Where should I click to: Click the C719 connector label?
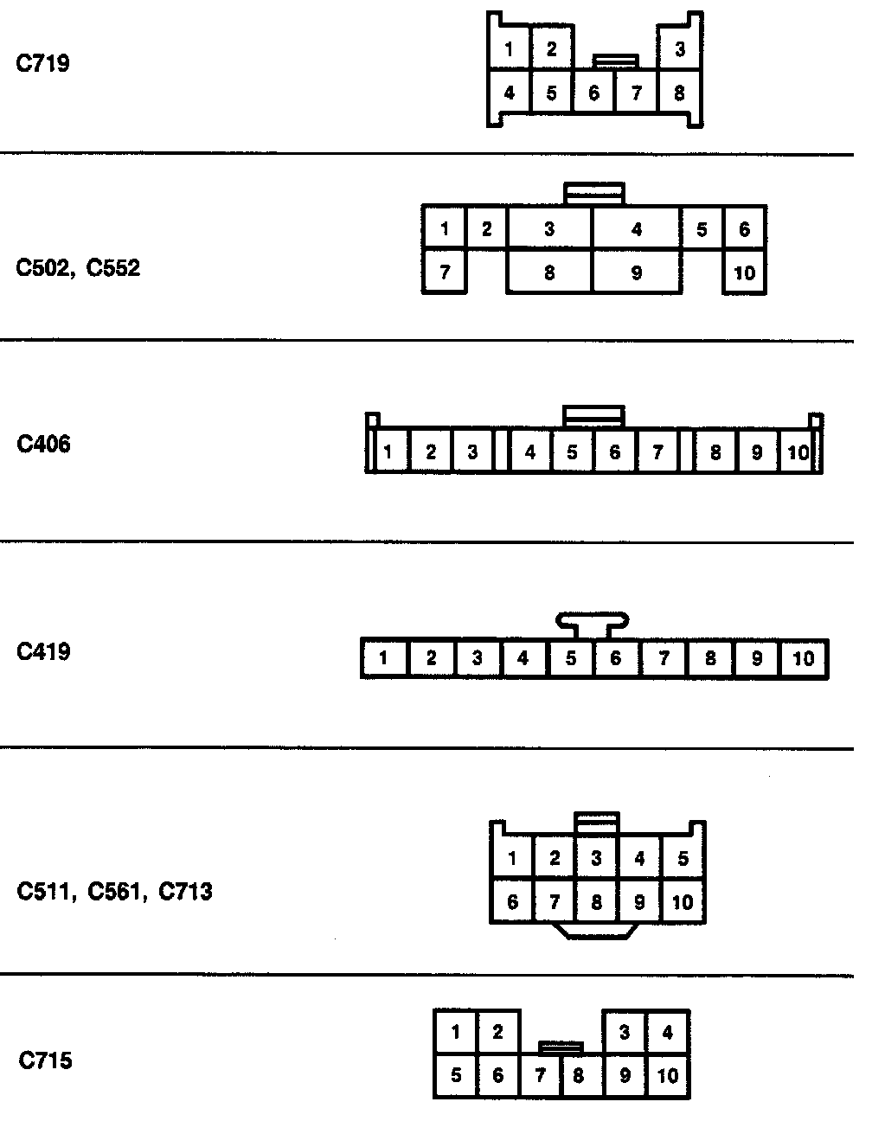click(x=43, y=63)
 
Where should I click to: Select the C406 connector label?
click(x=43, y=445)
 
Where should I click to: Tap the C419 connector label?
click(x=43, y=651)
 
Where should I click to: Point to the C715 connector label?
click(x=45, y=1060)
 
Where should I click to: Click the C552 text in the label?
click(x=113, y=268)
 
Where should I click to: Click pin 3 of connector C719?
click(x=680, y=49)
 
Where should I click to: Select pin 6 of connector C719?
click(x=593, y=93)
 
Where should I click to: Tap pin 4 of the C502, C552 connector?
click(x=637, y=230)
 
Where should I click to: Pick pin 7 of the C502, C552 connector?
click(x=445, y=272)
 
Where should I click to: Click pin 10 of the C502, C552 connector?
click(x=744, y=273)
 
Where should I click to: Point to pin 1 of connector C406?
click(x=388, y=452)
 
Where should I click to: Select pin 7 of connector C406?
click(x=657, y=452)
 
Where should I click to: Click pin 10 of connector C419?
click(x=804, y=659)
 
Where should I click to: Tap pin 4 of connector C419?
click(x=523, y=659)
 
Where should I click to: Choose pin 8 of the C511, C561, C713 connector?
click(x=596, y=902)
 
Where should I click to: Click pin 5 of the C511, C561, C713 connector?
click(x=683, y=859)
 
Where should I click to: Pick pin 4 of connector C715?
click(x=667, y=1032)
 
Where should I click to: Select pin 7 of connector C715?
click(x=541, y=1076)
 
